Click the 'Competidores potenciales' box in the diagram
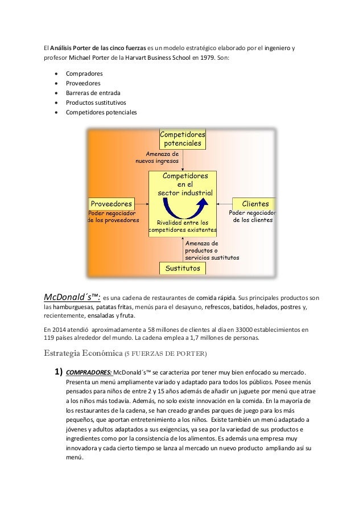(x=181, y=139)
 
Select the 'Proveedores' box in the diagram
(x=111, y=203)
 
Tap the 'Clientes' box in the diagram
(x=255, y=203)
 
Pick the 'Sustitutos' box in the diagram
(x=182, y=268)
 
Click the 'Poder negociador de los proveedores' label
(x=113, y=216)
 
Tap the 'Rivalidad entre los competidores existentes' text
(x=182, y=226)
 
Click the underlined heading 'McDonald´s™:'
(x=72, y=297)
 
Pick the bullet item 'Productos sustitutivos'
(x=98, y=102)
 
